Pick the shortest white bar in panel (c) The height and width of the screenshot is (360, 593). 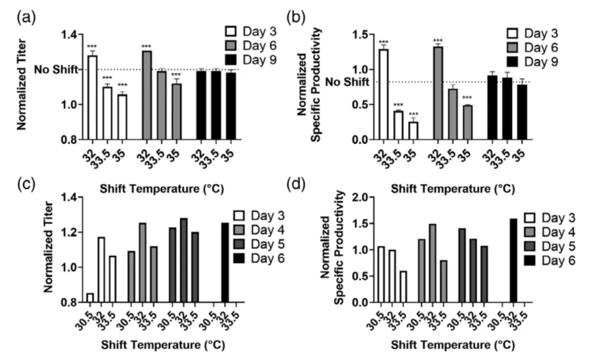pos(89,298)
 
